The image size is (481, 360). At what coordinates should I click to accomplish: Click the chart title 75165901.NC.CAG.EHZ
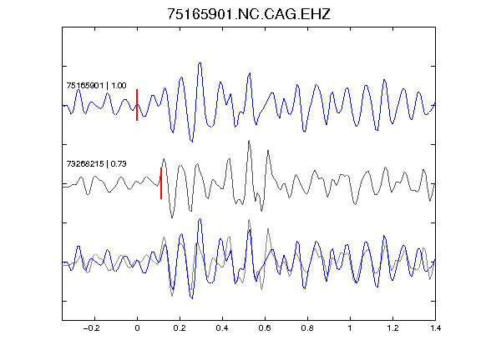tap(249, 14)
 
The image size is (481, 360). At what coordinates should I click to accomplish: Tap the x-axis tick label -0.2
tap(92, 328)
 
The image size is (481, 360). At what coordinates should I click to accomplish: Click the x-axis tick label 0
tap(137, 328)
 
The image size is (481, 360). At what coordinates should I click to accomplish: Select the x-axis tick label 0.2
tap(180, 328)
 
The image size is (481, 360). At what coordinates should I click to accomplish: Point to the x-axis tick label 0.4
tap(222, 328)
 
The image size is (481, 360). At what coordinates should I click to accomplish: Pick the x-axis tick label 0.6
tap(265, 328)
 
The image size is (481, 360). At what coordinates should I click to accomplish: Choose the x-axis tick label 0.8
tap(307, 328)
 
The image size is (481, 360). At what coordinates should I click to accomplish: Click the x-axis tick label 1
tap(350, 328)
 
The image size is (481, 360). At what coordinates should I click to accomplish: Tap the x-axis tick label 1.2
tap(392, 328)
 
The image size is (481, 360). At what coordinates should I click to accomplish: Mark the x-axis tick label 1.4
tap(435, 328)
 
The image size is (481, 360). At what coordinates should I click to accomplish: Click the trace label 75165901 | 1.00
tap(96, 85)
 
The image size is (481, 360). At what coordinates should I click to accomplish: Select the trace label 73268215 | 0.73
tap(96, 164)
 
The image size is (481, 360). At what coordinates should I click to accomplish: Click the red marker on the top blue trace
tap(137, 105)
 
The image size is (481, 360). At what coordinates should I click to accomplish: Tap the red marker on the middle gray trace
tap(161, 183)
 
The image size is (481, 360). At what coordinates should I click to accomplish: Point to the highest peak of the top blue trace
tap(200, 63)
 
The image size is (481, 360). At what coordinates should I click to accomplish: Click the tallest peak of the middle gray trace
tap(249, 141)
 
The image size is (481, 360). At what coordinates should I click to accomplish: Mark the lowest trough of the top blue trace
tap(192, 142)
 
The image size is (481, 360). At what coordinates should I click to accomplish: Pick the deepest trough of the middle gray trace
tap(172, 217)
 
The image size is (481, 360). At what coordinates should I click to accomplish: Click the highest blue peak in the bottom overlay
tap(200, 219)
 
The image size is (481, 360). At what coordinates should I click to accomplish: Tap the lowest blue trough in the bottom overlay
tap(192, 298)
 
